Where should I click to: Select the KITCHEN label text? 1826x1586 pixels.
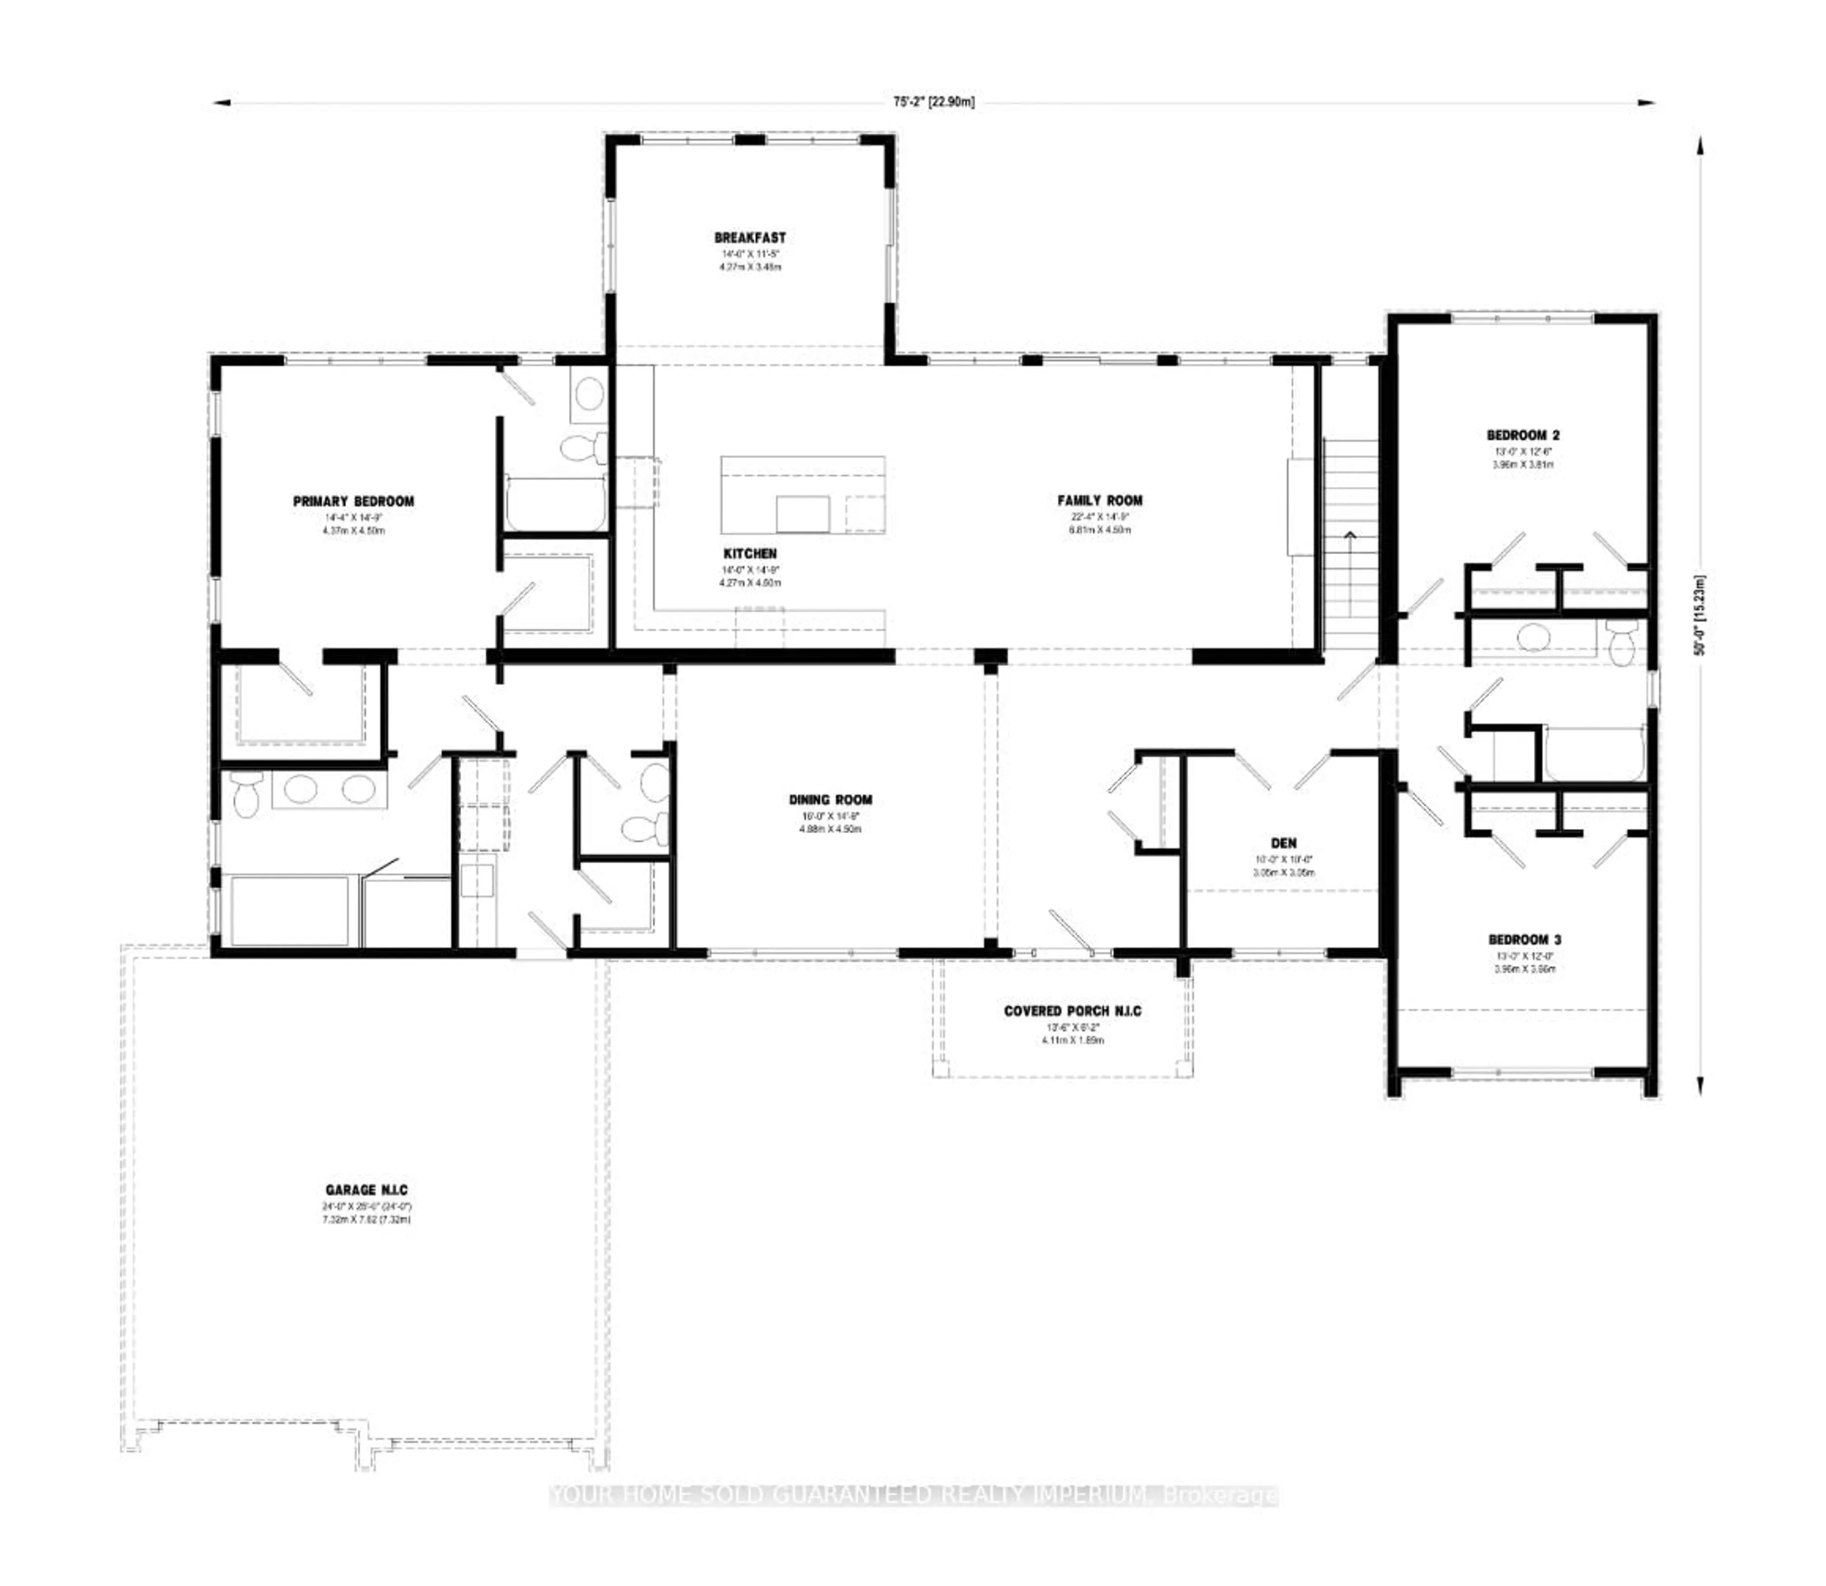[750, 554]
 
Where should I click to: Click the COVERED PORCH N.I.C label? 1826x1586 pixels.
[1072, 1011]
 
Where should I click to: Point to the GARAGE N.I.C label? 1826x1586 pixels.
[367, 1190]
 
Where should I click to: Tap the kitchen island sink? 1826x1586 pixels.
[802, 513]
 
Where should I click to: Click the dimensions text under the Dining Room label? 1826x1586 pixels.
[830, 822]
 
